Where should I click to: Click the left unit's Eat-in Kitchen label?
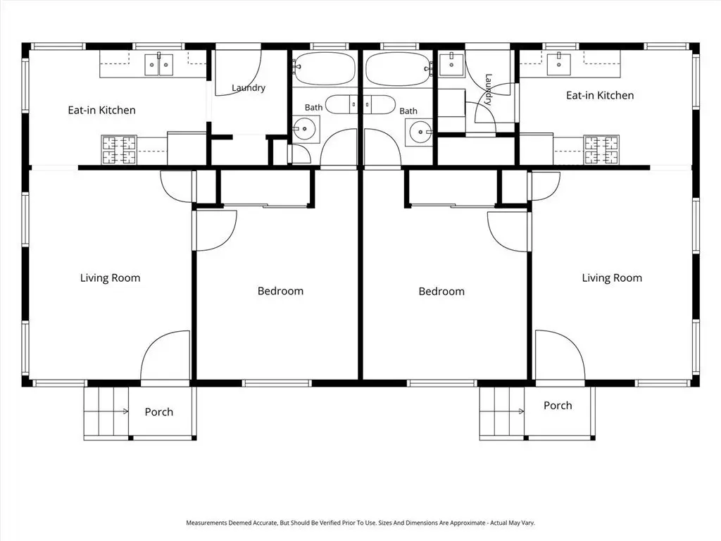point(101,110)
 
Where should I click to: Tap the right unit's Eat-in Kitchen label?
point(600,95)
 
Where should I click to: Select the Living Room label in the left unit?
point(110,278)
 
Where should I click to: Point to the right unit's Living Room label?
point(612,278)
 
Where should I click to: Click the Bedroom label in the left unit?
point(280,291)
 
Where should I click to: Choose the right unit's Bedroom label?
point(441,291)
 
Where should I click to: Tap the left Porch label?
point(158,411)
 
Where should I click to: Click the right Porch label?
point(558,405)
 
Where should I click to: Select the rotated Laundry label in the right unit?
point(489,89)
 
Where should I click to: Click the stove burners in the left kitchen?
point(119,150)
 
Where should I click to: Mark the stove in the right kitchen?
point(601,149)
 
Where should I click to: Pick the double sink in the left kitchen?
point(159,65)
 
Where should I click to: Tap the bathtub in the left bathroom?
point(325,69)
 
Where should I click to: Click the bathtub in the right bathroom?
point(399,69)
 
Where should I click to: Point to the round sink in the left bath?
point(304,130)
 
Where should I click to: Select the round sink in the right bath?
point(420,132)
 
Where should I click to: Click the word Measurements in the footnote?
point(207,523)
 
